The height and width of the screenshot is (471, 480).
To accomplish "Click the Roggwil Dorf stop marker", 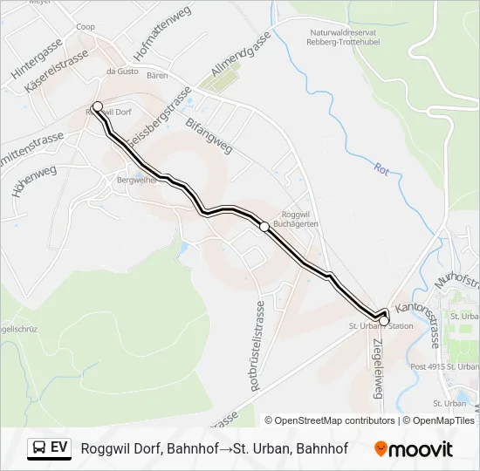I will point(97,107).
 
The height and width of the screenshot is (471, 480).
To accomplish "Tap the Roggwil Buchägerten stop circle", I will point(264,227).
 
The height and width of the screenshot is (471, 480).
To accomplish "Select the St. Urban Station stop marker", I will point(384,321).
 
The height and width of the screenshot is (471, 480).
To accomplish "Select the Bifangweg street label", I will point(209,134).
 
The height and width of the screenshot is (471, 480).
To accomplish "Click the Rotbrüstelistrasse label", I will point(258,345).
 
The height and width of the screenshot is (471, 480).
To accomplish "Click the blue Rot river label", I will point(381,170).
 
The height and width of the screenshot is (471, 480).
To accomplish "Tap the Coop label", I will point(86,27).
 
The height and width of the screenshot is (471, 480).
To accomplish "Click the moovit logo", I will point(414,449).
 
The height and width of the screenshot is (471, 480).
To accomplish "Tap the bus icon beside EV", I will point(38,448).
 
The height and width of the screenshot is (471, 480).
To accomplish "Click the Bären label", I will point(157,77).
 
